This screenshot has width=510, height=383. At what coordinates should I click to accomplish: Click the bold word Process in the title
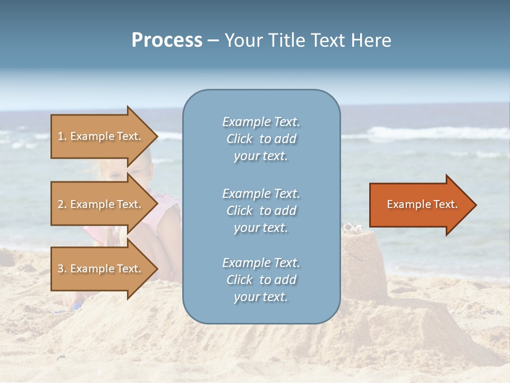pos(167,40)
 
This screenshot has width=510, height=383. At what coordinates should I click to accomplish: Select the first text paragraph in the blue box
pos(261,139)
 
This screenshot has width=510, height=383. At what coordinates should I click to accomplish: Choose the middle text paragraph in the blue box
pos(261,211)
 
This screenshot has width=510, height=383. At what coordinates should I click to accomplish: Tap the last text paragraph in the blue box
pos(261,280)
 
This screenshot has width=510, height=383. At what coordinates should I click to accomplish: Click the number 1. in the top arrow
pos(62,136)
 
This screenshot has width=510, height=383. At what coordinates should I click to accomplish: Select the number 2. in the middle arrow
pos(62,204)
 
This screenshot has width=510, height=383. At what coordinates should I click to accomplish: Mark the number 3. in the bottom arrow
pos(62,269)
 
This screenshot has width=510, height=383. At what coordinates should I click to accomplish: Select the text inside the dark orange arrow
pos(422,204)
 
